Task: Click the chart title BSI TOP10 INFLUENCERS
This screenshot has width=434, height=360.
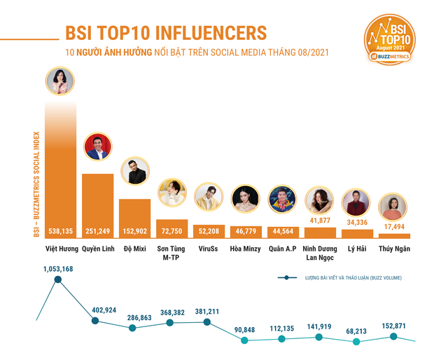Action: coord(165,33)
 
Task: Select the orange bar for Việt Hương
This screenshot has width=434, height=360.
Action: coord(60,168)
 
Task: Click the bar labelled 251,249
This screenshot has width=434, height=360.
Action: coord(97,203)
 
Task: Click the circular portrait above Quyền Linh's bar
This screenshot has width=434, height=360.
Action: coord(97,147)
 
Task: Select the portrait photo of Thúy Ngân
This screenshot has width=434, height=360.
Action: coord(393,207)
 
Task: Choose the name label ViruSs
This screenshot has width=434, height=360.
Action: coord(208,249)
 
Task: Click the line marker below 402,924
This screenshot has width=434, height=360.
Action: coord(96,321)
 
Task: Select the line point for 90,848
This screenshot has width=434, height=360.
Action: coord(244,341)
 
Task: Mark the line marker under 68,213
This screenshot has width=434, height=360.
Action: coord(356,342)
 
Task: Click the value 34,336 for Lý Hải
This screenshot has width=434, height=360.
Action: coord(356,223)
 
